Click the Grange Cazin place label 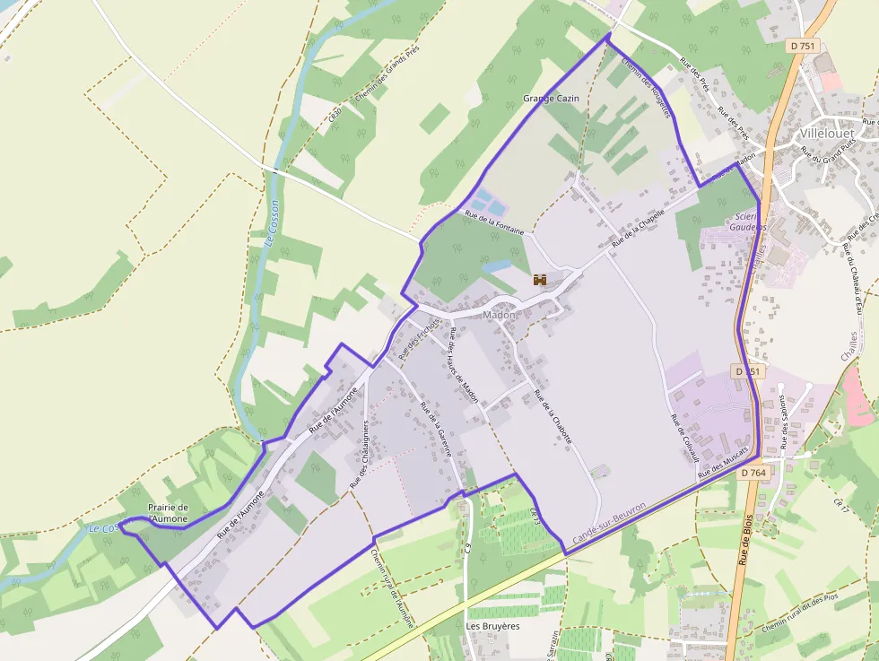(x=551, y=98)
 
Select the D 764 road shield (x=753, y=473)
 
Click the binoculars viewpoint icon (x=540, y=280)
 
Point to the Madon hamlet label (x=500, y=316)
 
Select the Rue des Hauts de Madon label (x=464, y=365)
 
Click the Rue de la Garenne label (x=435, y=431)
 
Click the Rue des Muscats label (x=723, y=460)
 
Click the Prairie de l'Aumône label (x=168, y=513)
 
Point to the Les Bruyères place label (x=492, y=625)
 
